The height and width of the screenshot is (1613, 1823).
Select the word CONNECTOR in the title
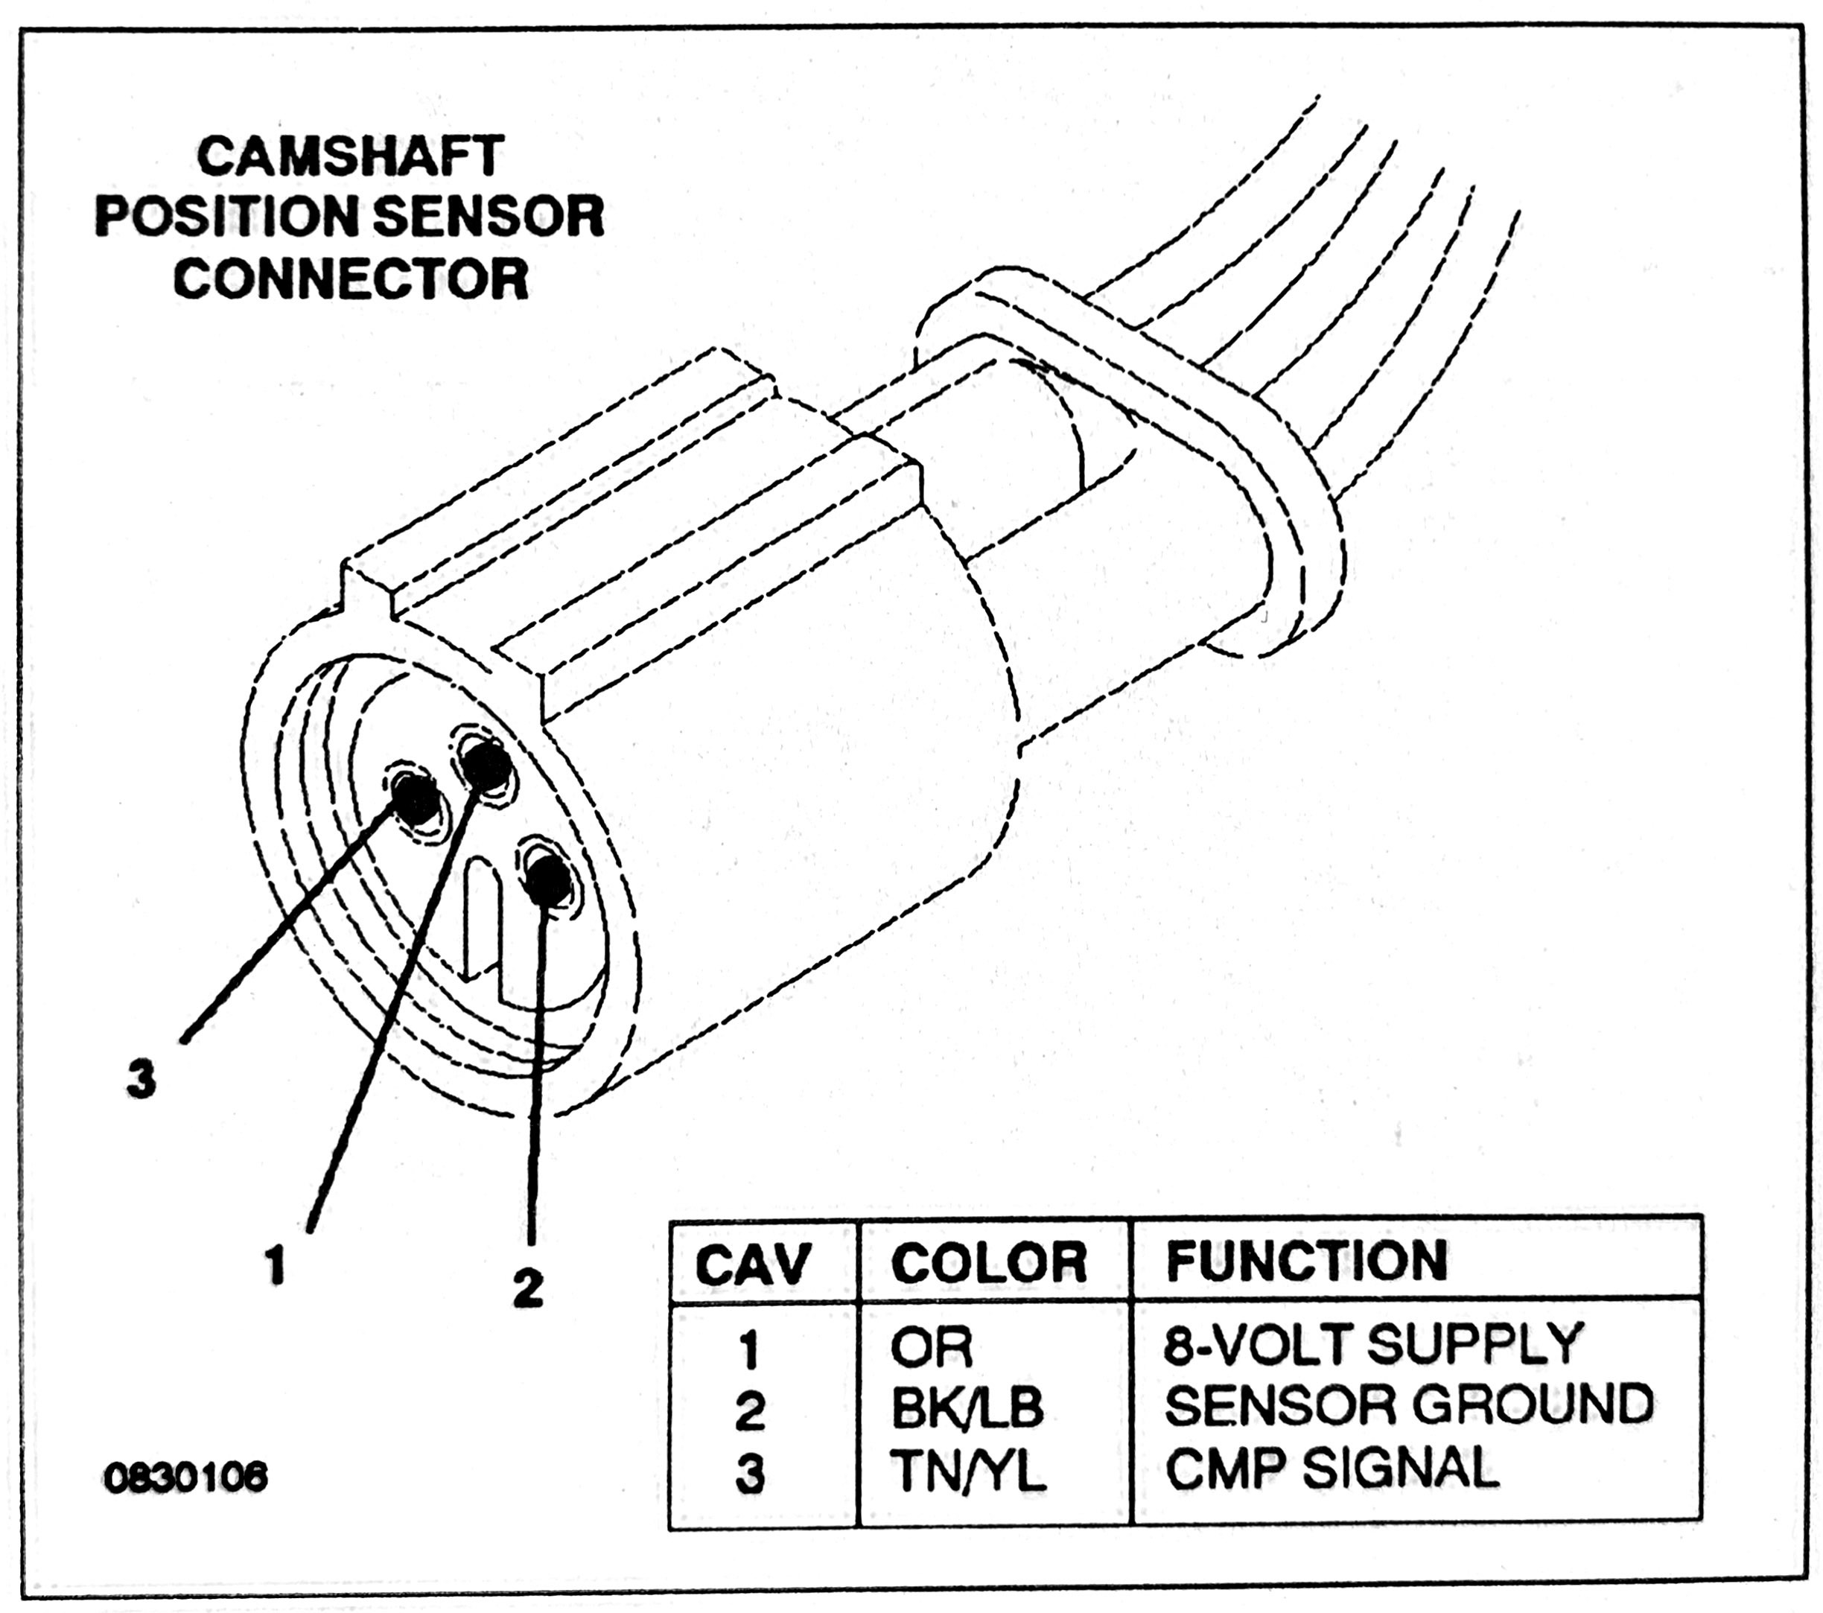tap(351, 279)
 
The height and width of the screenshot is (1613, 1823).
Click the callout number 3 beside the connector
tap(141, 1081)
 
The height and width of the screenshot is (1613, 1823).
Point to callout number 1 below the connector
tap(277, 1265)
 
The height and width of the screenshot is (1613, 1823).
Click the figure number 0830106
tap(185, 1478)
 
